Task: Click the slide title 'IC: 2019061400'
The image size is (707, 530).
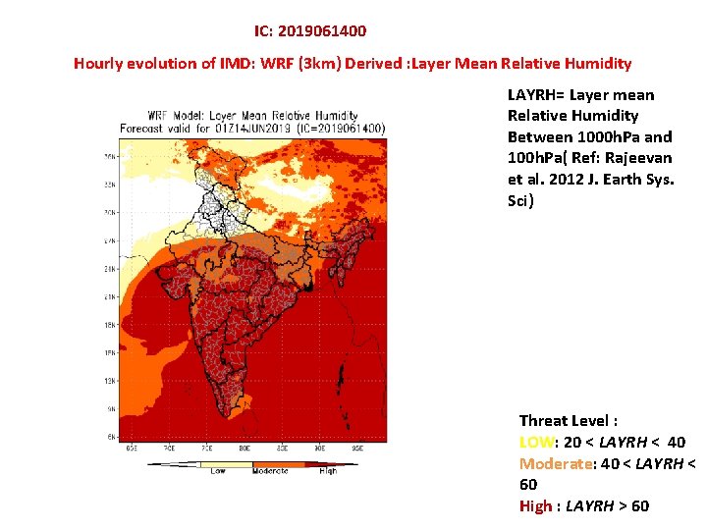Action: coord(310,31)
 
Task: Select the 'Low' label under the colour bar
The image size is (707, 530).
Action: coord(218,472)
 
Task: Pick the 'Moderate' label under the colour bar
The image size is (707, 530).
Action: coord(270,472)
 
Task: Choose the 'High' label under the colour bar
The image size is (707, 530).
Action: coord(327,472)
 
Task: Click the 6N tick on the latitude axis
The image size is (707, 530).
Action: coord(111,436)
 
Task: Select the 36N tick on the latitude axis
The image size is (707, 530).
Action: coord(111,155)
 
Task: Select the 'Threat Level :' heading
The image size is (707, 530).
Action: coord(569,421)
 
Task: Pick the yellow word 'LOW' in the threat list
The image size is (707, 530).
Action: coord(535,443)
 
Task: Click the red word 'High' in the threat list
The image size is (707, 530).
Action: coord(535,505)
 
